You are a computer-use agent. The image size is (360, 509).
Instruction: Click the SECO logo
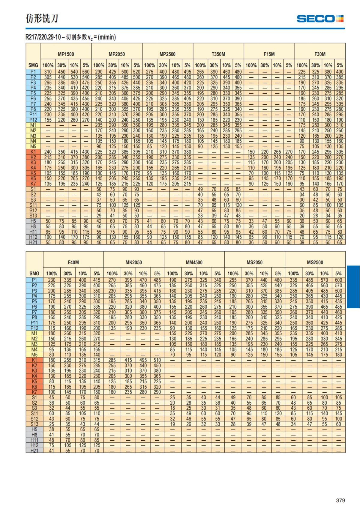pos(320,19)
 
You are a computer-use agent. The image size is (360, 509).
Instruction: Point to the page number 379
pos(340,500)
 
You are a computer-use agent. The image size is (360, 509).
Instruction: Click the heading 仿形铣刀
pos(42,19)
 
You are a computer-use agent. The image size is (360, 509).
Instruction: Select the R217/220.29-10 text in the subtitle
pos(43,37)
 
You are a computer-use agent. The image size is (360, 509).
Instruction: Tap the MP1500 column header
pos(66,54)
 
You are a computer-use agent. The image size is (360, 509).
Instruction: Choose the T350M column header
pos(218,54)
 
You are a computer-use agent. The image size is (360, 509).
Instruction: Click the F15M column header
pos(269,54)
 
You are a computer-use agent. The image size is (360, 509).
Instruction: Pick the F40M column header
pos(73,262)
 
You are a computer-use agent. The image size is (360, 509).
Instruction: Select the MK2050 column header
pos(133,262)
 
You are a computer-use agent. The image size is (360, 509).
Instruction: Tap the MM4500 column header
pos(194,262)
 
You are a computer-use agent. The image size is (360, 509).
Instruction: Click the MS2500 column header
pos(315,262)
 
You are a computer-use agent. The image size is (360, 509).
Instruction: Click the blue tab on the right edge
pos(353,287)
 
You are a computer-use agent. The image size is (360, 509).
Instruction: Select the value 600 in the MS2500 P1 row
pos(338,280)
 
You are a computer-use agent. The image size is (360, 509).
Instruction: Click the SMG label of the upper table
pos(33,65)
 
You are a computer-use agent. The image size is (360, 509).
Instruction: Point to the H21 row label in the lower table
pos(34,451)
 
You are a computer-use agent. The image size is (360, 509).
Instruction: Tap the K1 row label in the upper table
pos(33,152)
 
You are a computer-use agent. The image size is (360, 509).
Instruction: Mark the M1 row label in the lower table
pos(34,334)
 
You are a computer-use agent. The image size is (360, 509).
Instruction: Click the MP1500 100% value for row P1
pos(48,72)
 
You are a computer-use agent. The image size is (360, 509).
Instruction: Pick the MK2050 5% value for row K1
pos(157,360)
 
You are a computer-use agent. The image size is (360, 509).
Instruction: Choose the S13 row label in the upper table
pos(33,216)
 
